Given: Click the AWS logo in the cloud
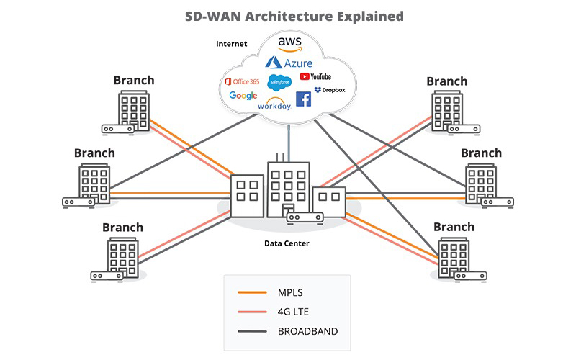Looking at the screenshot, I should tap(289, 45).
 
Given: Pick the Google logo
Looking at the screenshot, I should tap(243, 96).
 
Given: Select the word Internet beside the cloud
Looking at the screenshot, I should tap(231, 44).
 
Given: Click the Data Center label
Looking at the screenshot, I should tap(286, 243).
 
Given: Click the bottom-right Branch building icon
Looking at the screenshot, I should tap(454, 256).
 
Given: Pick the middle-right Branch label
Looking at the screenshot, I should tap(481, 153).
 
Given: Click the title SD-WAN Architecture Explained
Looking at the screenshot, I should tap(288, 15).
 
